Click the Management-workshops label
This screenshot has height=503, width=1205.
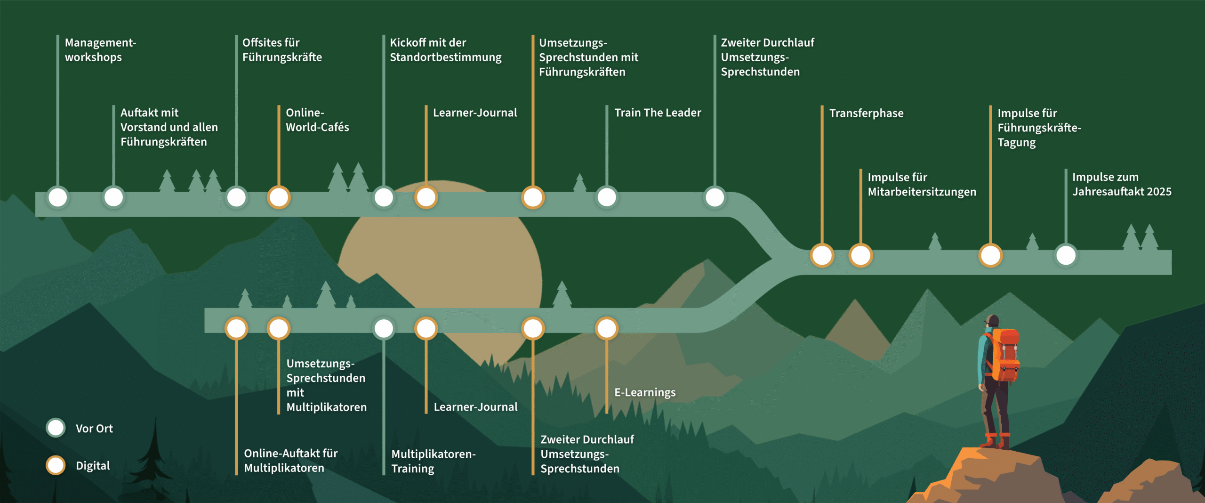(100, 50)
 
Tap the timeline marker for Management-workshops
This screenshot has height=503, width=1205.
(58, 197)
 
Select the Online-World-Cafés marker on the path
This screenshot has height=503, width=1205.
(279, 197)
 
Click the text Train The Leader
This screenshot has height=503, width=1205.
(658, 113)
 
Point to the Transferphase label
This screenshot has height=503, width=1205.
(866, 114)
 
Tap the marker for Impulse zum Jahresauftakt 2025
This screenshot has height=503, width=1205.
(1066, 256)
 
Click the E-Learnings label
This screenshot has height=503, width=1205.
(645, 392)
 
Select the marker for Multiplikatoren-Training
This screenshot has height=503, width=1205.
(384, 328)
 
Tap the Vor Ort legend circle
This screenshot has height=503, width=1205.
(56, 428)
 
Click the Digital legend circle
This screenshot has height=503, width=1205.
(56, 465)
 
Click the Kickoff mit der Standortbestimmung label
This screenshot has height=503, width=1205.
(445, 50)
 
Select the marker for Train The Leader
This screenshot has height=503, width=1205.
(607, 197)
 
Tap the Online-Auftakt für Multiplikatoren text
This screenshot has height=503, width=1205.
(290, 461)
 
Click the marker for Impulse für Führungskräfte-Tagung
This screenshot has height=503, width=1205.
(990, 256)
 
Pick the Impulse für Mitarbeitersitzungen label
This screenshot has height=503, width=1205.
(922, 185)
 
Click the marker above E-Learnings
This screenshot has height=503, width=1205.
(607, 328)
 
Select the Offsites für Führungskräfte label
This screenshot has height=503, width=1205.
(282, 50)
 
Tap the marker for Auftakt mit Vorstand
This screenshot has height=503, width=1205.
(113, 197)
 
